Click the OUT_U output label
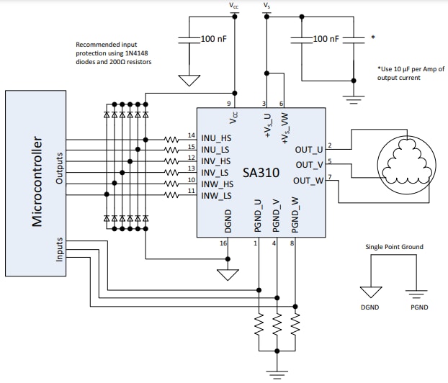pyautogui.click(x=310, y=150)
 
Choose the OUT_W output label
pyautogui.click(x=310, y=180)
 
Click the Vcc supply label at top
pyautogui.click(x=235, y=6)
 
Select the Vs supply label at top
pyautogui.click(x=267, y=6)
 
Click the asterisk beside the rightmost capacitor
pyautogui.click(x=372, y=37)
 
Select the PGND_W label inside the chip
pyautogui.click(x=294, y=215)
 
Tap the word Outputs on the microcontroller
pyautogui.click(x=60, y=167)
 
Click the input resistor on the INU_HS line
pyautogui.click(x=171, y=138)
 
